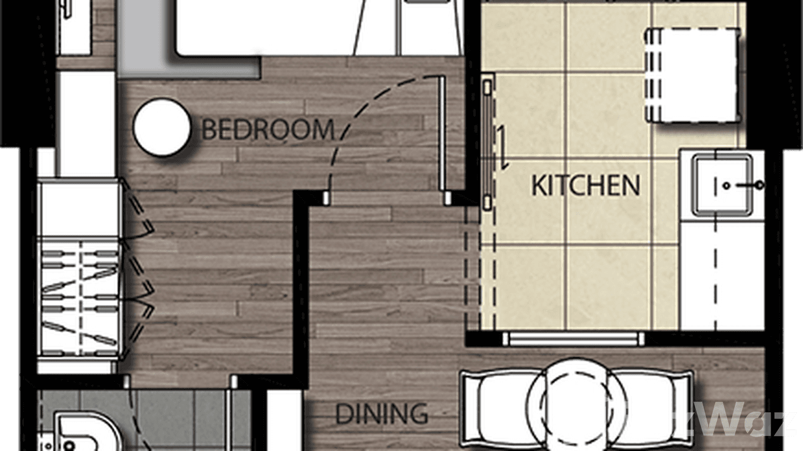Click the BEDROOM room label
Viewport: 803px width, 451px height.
[x=267, y=130]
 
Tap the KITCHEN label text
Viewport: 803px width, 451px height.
[x=586, y=186]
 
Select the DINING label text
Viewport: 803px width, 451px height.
[x=381, y=413]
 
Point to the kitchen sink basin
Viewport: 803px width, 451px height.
[x=722, y=184]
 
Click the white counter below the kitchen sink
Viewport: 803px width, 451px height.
[x=722, y=275]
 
